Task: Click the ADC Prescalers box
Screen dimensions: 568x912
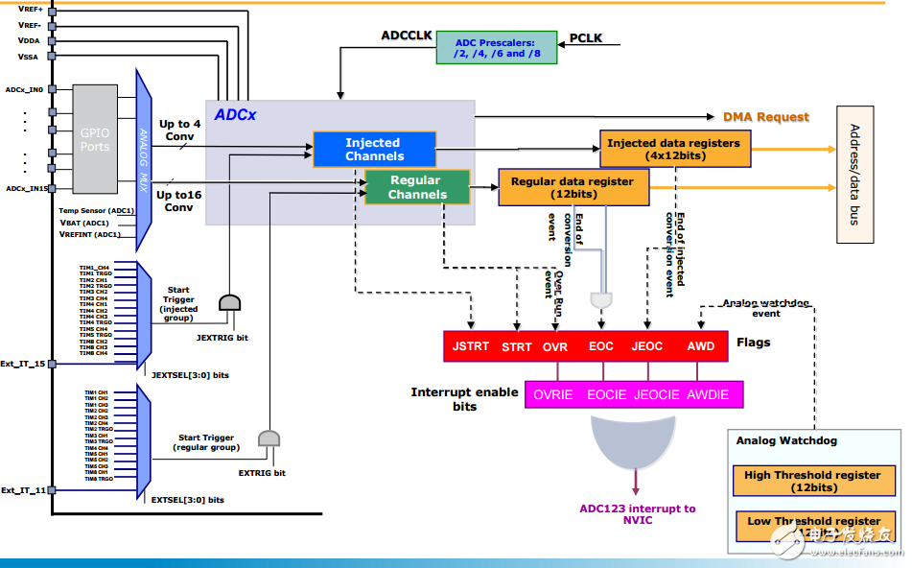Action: (496, 46)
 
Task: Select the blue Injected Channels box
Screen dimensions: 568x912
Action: (375, 150)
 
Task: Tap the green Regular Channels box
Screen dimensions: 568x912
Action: (416, 187)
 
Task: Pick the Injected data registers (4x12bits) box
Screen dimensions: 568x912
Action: (674, 149)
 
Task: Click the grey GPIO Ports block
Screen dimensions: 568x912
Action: (95, 139)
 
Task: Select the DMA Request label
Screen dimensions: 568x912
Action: (765, 117)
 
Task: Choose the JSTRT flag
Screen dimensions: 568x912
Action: (470, 346)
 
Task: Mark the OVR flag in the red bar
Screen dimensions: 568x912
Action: (554, 346)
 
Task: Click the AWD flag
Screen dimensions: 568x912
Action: (701, 346)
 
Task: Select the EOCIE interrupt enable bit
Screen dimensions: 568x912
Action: (606, 394)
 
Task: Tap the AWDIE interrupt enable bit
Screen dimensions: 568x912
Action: (708, 394)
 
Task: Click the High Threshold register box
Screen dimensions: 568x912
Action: (812, 481)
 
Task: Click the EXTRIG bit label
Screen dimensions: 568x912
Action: (261, 473)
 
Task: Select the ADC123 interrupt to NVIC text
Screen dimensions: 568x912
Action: (637, 514)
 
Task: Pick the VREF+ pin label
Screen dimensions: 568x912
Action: (29, 9)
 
